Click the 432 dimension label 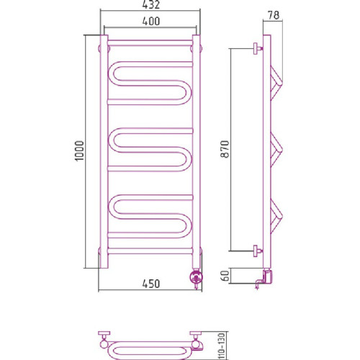(150, 5)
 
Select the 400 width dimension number (151, 22)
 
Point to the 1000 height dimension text (79, 151)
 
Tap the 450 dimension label (150, 284)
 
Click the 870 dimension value (225, 149)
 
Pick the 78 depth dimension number (274, 15)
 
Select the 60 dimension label (225, 276)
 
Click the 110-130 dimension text (222, 346)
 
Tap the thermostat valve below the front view (197, 278)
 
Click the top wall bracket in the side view (258, 49)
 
